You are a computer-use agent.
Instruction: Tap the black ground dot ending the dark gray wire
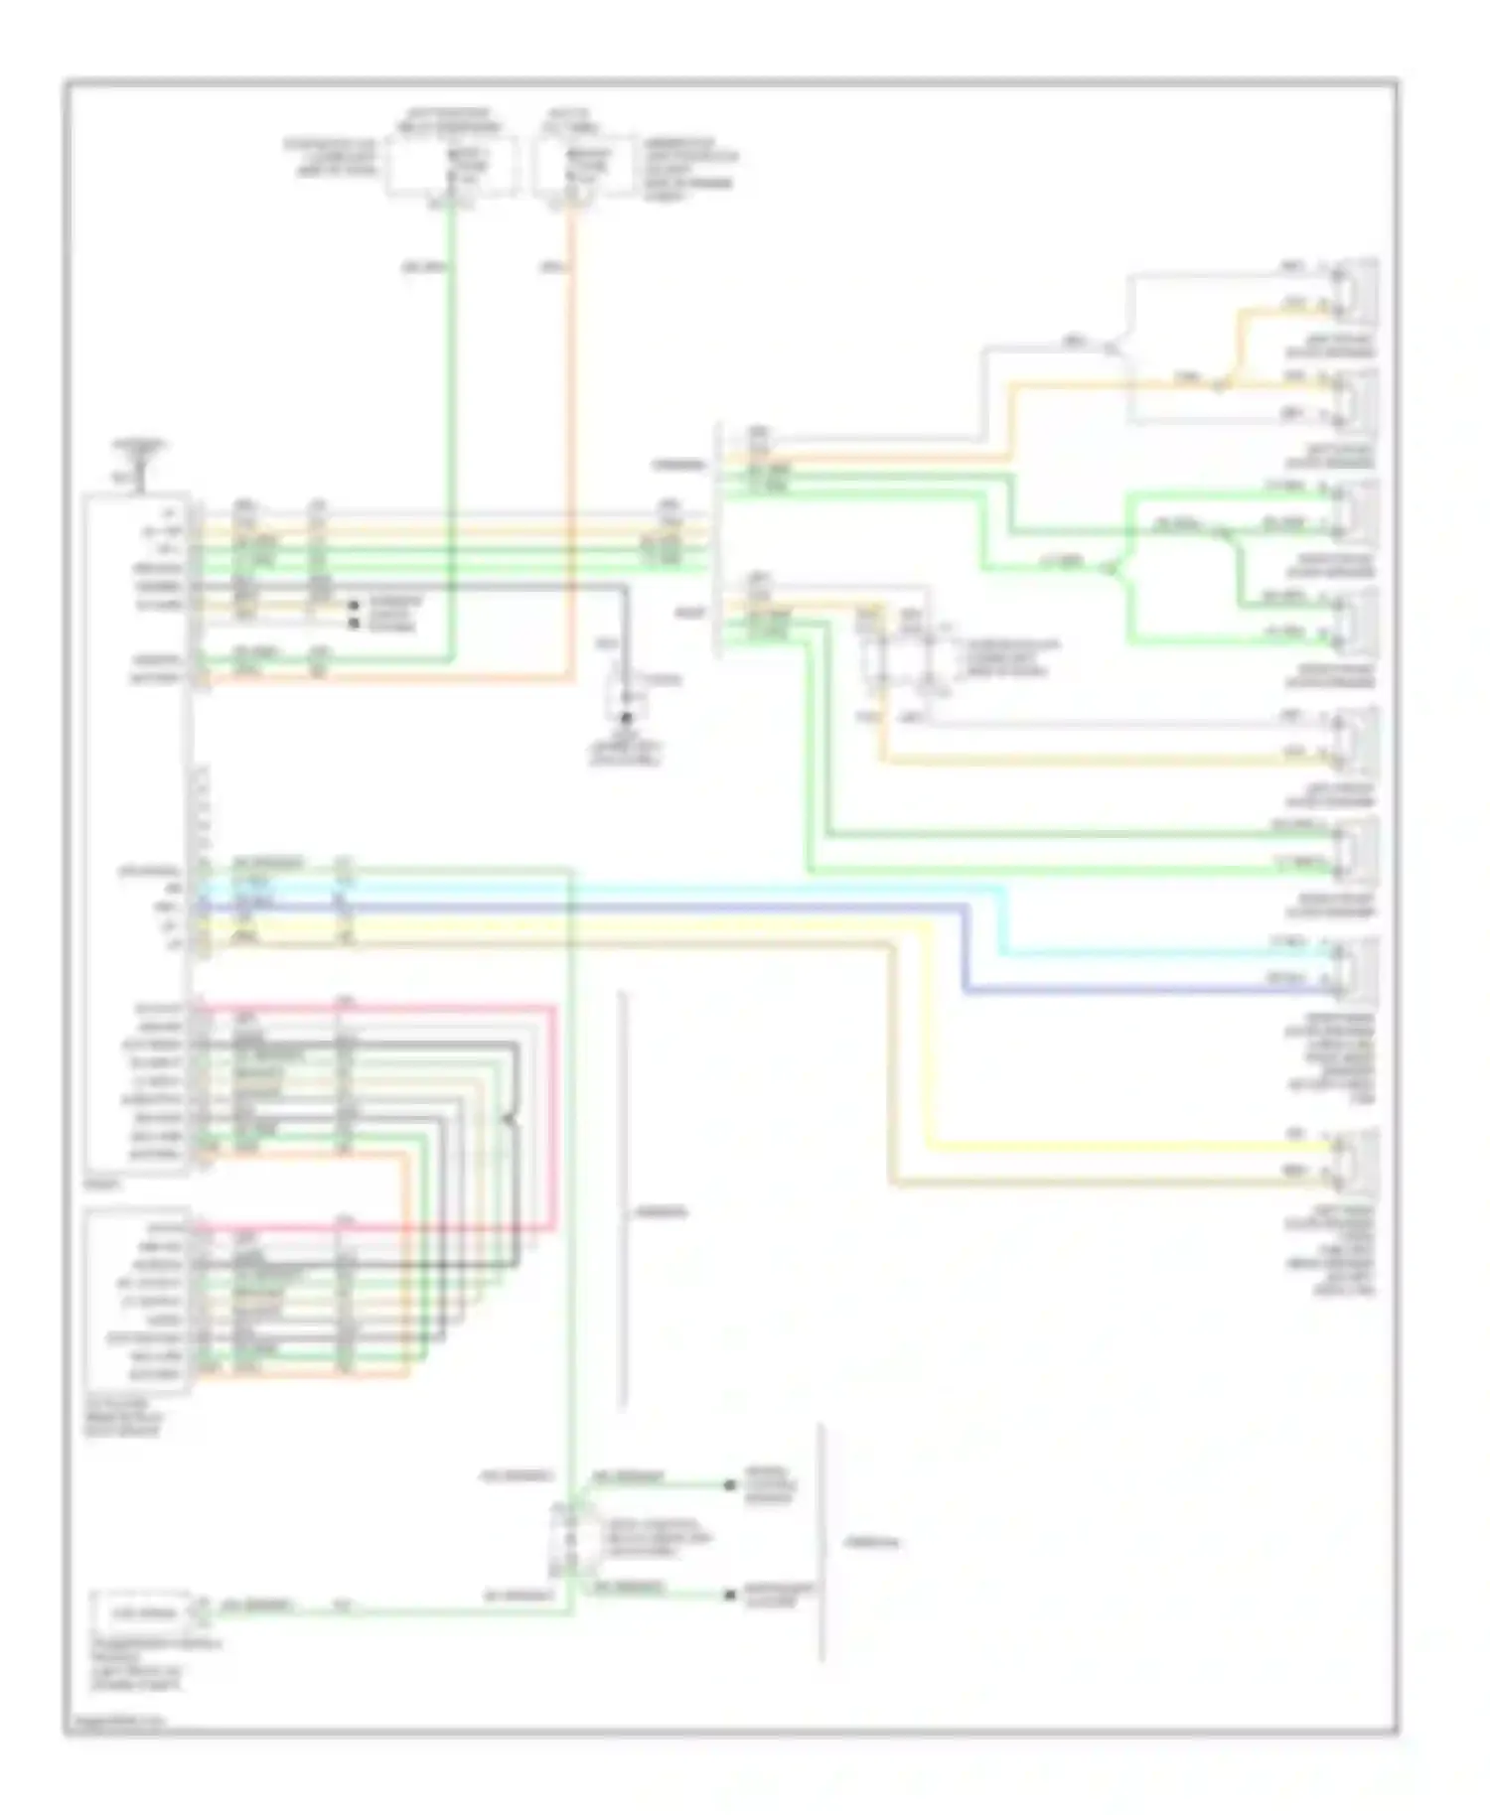626,720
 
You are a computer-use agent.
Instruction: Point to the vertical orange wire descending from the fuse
572,447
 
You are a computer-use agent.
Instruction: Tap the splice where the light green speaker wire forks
1115,570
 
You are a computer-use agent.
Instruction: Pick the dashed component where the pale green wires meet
570,1539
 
